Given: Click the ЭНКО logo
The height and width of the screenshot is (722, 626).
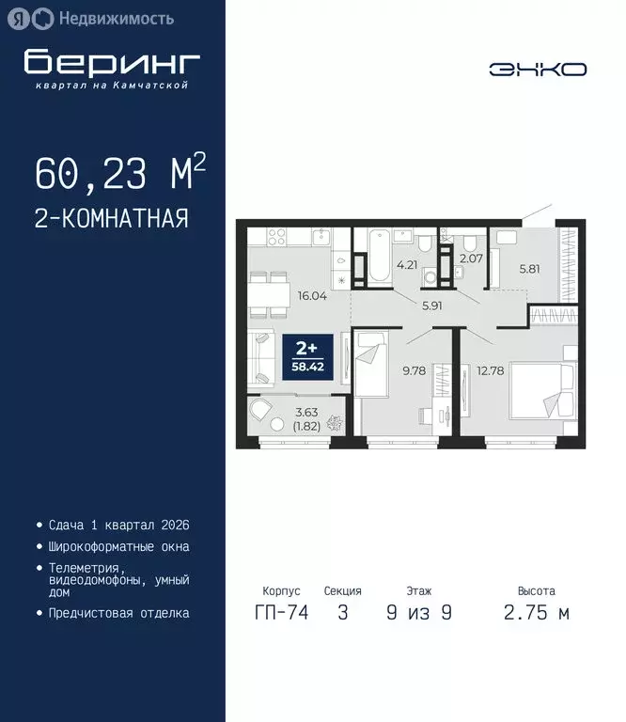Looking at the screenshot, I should [538, 69].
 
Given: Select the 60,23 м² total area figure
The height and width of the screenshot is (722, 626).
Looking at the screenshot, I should [119, 173].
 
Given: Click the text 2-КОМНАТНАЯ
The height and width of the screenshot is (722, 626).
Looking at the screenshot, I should [111, 219].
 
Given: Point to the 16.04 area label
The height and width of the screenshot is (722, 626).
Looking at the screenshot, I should [312, 294].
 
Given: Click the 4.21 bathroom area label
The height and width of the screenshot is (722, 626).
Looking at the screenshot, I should [407, 265].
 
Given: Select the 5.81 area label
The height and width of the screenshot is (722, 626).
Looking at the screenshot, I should [530, 267].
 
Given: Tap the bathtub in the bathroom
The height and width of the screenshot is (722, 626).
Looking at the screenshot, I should [377, 255].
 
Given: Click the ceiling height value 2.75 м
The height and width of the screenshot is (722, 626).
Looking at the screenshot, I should [537, 614].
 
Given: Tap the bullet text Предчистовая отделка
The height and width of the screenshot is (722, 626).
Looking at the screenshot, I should [118, 613].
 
